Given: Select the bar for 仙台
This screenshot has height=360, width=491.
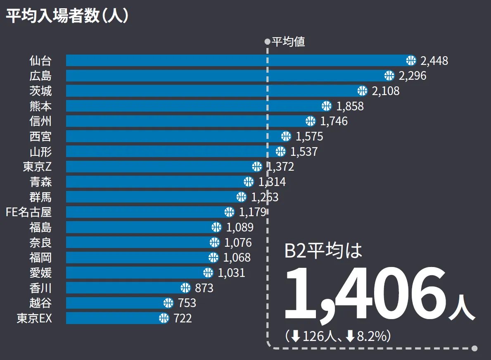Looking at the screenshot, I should (x=235, y=60).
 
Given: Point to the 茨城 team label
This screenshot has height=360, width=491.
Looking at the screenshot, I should (x=40, y=91).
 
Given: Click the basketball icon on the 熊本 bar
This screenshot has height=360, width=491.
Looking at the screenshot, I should (x=326, y=106).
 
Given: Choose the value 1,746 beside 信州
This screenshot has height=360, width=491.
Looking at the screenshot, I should (x=334, y=121).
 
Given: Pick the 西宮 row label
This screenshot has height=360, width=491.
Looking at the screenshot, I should (x=40, y=136).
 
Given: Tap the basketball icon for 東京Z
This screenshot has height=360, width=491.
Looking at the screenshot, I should (x=257, y=167).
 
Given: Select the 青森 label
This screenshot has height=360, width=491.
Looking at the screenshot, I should (x=40, y=181).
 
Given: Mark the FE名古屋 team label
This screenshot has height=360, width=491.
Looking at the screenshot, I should (x=28, y=212).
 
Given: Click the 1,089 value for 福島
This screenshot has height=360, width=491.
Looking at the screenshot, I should (x=240, y=227).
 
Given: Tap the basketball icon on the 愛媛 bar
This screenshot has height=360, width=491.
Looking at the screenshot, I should (x=208, y=273).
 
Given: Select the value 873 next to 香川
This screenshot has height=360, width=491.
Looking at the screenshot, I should (x=204, y=288).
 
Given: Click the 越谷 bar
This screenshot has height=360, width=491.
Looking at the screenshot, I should (x=116, y=303).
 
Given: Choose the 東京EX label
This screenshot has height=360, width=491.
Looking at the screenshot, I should (x=34, y=318).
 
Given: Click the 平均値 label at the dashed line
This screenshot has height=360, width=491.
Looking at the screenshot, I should (x=288, y=42).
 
